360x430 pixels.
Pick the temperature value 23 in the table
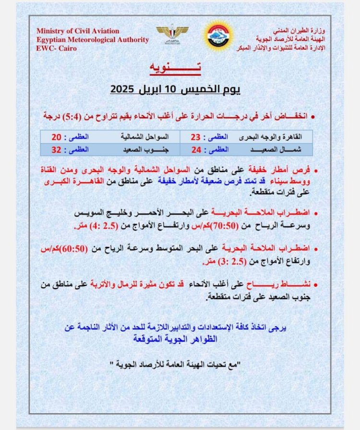tap(195, 137)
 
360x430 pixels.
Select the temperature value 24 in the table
tap(195, 149)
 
